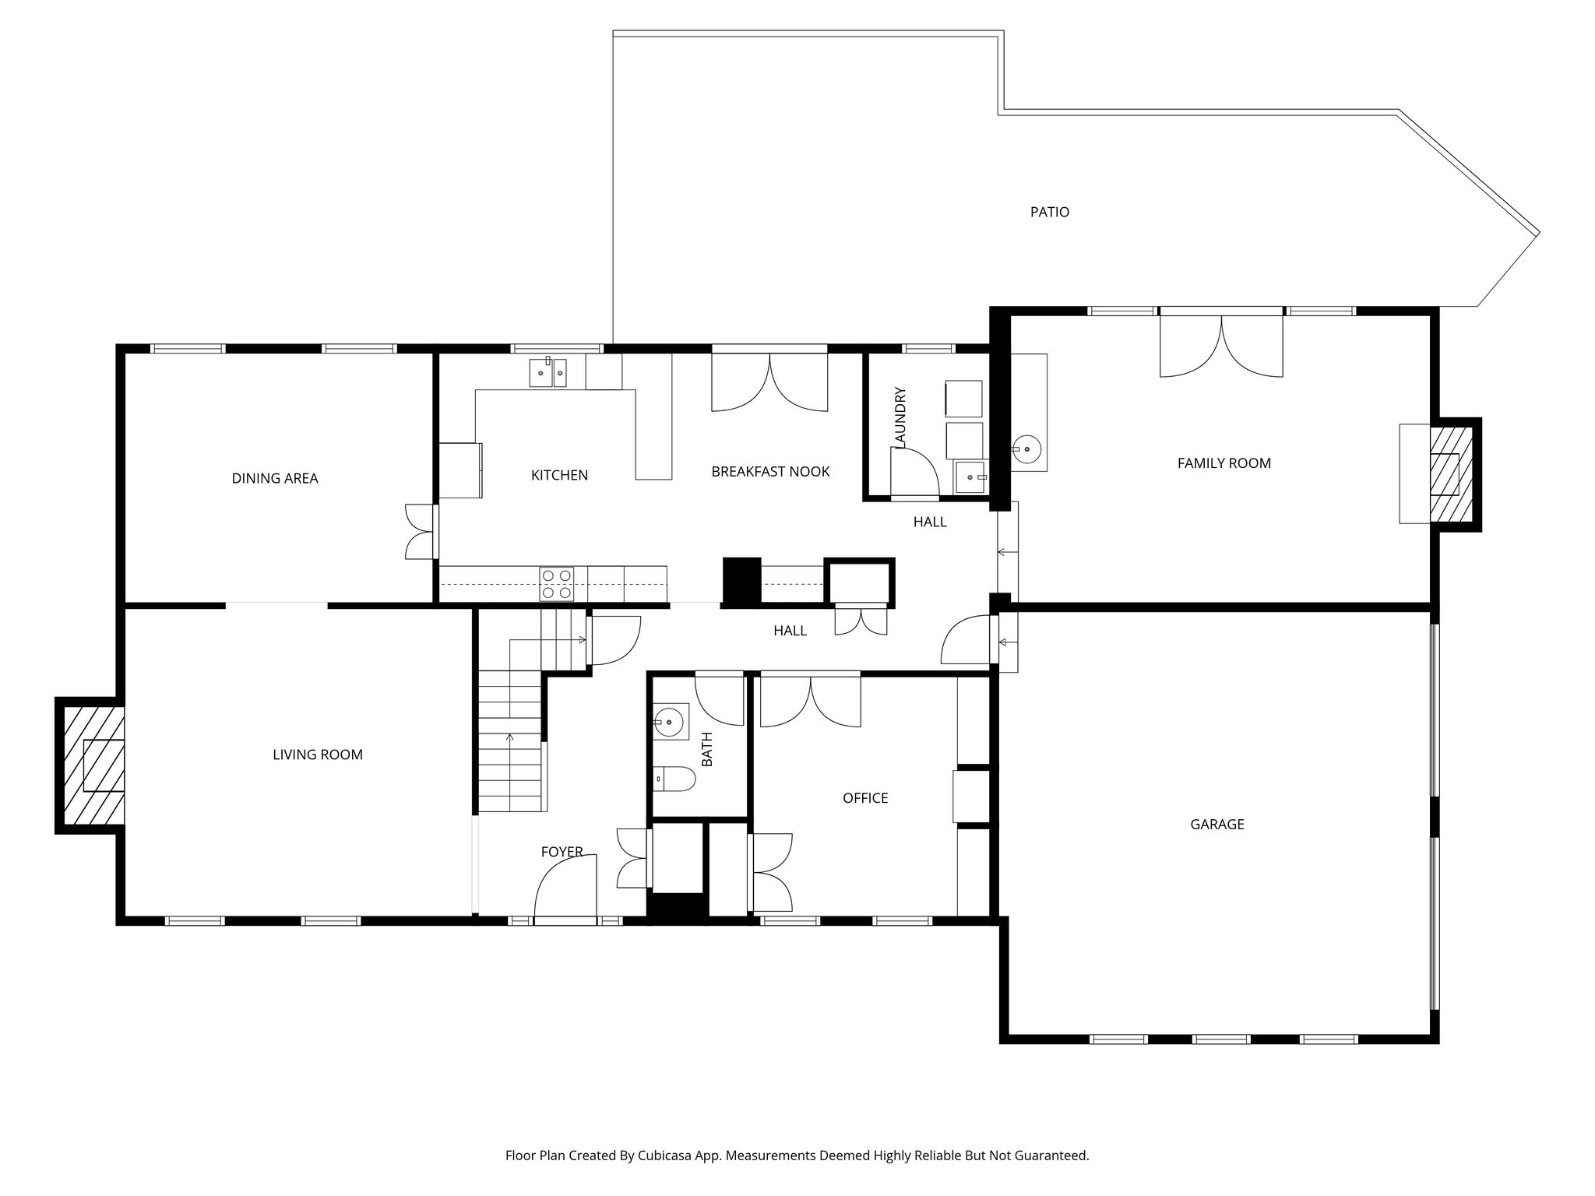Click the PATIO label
tap(1049, 212)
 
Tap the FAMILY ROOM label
tap(1224, 463)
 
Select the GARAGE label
tap(1216, 824)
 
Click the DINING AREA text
tap(275, 478)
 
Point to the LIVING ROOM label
tap(318, 755)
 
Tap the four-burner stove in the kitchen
tap(556, 584)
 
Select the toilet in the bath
tap(676, 777)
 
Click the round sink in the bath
tap(670, 722)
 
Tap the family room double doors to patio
tap(1220, 346)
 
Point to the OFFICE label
tap(864, 798)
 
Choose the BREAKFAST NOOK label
tap(770, 472)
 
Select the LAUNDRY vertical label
tap(901, 417)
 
